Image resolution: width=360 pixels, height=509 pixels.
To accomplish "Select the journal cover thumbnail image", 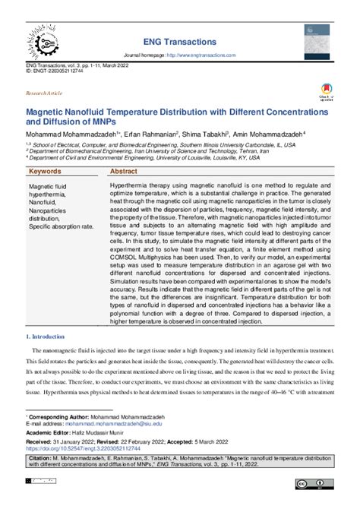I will coord(317,42).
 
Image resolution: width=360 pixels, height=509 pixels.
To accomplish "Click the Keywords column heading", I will coord(46,172).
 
